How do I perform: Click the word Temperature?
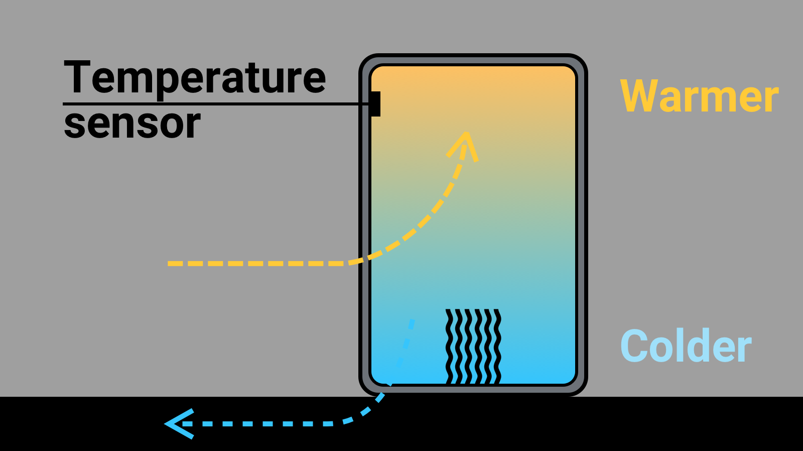pos(195,78)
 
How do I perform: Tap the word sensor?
pos(132,124)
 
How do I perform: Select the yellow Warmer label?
pos(699,96)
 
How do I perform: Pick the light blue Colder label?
pos(686,346)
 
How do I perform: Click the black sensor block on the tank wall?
pos(375,104)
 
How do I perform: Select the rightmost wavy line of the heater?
pos(497,347)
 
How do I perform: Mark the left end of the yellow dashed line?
pos(171,263)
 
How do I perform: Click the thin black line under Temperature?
pos(216,104)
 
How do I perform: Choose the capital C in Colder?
pos(634,346)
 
